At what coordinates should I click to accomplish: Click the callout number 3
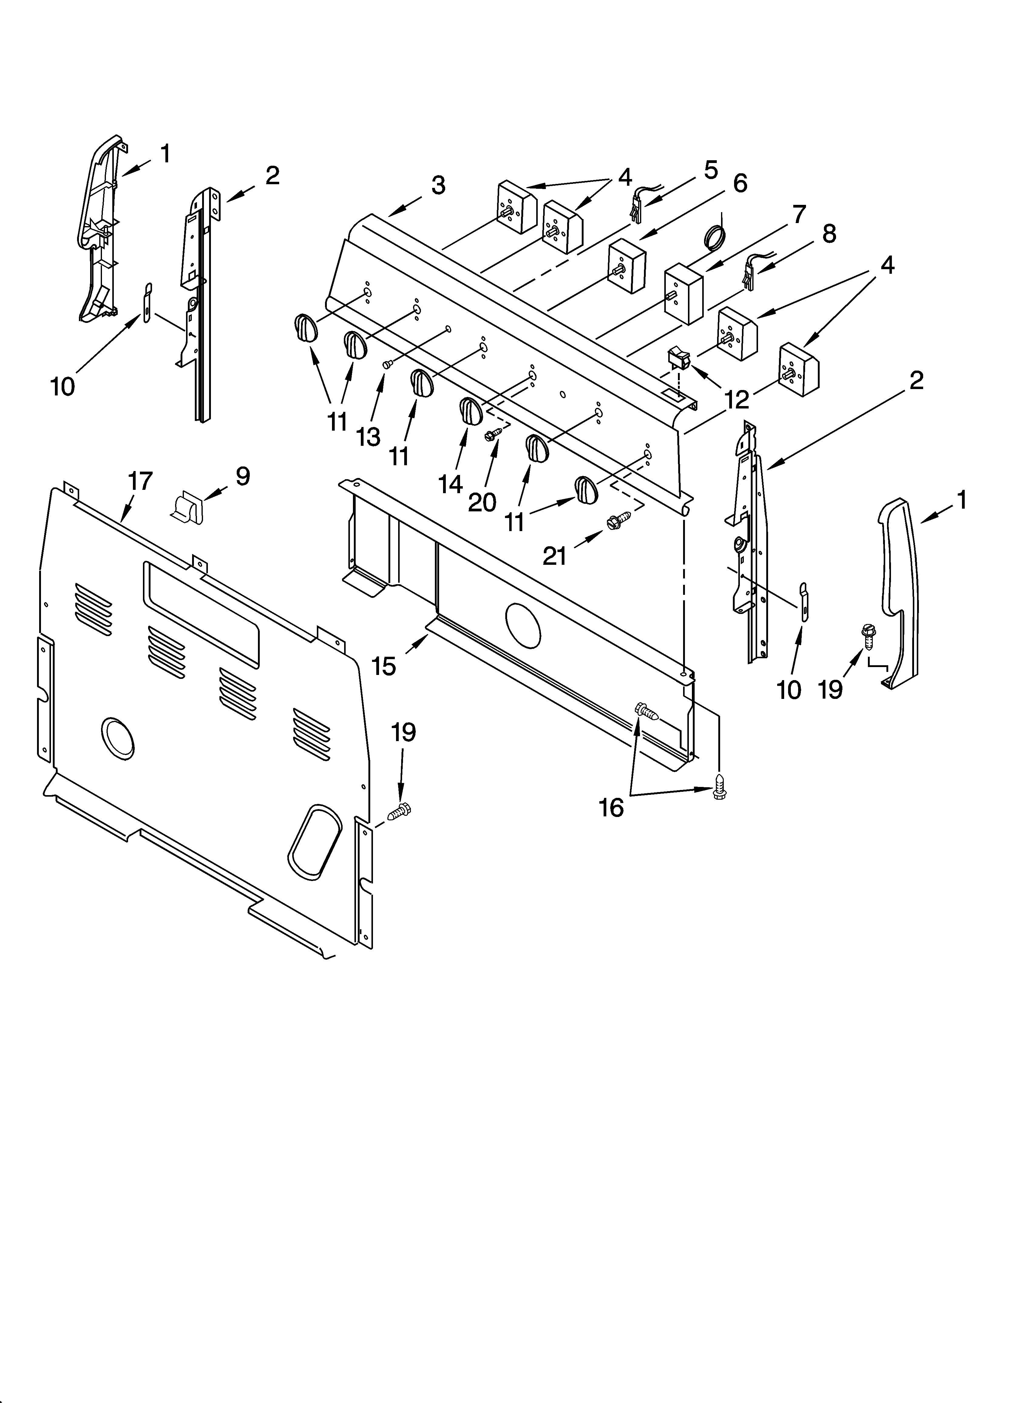pos(438,185)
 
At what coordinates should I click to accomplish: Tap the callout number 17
pos(140,481)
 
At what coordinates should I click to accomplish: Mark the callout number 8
pos(828,233)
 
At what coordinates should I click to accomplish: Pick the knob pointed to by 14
pos(470,412)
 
